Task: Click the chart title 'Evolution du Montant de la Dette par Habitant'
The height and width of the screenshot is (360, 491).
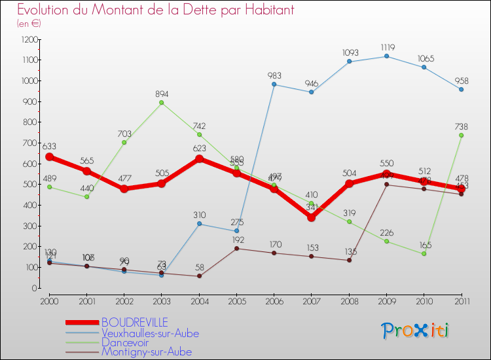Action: click(x=155, y=10)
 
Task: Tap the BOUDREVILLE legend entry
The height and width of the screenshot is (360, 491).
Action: click(x=134, y=322)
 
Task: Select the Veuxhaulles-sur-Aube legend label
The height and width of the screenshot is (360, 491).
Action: click(x=150, y=333)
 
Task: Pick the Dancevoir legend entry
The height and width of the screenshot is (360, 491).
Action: click(x=126, y=342)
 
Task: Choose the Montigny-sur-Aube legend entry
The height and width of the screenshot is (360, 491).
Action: click(x=147, y=351)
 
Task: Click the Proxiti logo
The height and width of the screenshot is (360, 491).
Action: click(x=416, y=331)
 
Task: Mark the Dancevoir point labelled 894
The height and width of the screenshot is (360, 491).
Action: click(x=162, y=103)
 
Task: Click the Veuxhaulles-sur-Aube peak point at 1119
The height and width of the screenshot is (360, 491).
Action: click(x=386, y=56)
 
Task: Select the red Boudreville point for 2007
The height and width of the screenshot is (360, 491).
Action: click(x=312, y=217)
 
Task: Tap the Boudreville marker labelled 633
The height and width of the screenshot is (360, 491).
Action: click(x=49, y=157)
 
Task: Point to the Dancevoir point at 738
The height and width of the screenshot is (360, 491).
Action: click(x=462, y=135)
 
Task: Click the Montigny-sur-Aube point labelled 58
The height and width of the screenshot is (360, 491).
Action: click(x=199, y=276)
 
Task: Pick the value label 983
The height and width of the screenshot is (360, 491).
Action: click(x=274, y=76)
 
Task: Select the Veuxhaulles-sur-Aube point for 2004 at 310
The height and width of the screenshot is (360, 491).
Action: click(x=199, y=224)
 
